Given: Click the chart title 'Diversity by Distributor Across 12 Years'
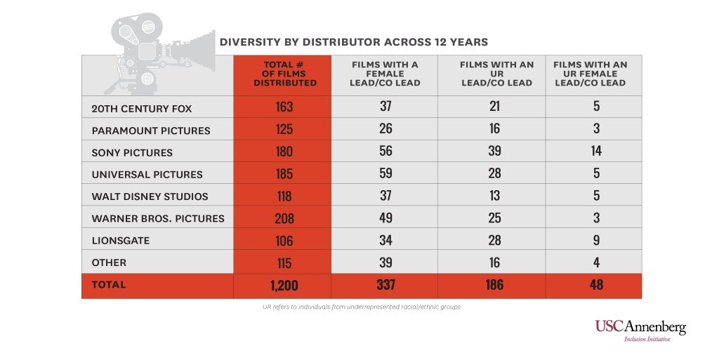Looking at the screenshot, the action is point(354,42).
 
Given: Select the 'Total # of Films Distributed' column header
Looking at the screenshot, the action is point(285,74).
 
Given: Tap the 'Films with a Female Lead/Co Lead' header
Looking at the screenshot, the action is point(385,74).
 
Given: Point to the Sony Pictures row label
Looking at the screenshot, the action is point(132,152).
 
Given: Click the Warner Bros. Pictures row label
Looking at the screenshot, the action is point(158,218).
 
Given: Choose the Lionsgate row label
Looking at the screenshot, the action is point(121,241).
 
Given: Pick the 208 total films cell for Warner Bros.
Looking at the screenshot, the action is point(284,218).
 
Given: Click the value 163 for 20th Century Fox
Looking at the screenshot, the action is point(284,106).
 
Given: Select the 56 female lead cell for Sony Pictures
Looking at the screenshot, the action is point(385,151).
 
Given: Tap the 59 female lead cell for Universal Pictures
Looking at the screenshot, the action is point(385,173).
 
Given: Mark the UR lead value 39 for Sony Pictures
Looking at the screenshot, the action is point(494,151).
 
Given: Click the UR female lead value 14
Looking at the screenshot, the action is point(596,151).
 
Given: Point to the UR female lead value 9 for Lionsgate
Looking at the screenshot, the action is point(596,240).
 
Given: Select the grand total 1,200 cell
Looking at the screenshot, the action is point(284,286).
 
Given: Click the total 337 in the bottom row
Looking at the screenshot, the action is point(385,284).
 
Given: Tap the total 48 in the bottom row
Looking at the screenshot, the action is point(596,284).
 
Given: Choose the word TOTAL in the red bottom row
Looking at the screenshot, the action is point(109,284).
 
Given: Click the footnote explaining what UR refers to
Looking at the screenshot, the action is point(362,307).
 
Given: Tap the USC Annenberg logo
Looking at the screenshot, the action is point(640,331).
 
